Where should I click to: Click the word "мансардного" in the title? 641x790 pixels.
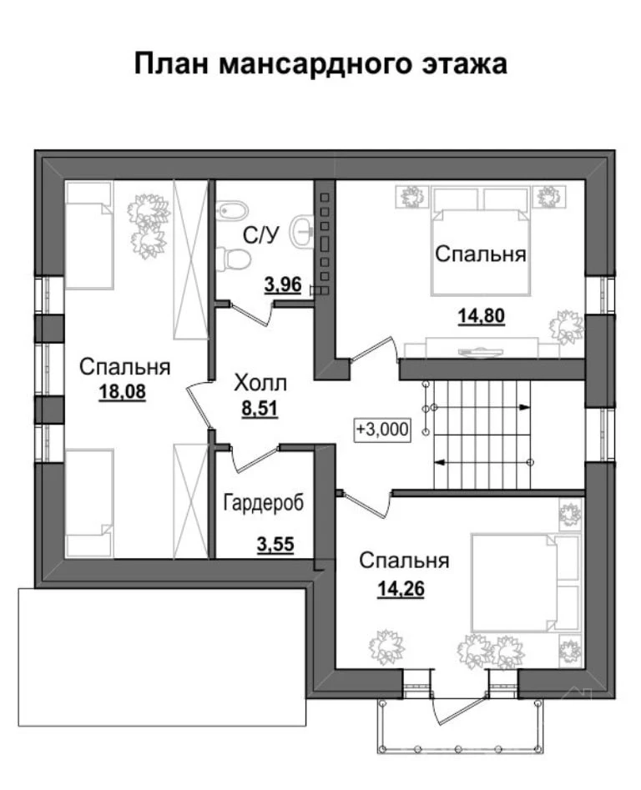click(x=313, y=64)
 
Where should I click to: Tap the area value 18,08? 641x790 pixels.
click(x=123, y=391)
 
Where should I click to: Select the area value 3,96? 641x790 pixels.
click(x=283, y=285)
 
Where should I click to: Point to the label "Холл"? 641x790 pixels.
click(x=260, y=384)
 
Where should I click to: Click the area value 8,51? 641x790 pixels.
click(x=260, y=408)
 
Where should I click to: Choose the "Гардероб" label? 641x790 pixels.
click(x=264, y=503)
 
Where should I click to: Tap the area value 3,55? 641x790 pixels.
click(x=275, y=545)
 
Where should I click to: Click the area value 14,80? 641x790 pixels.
click(x=482, y=316)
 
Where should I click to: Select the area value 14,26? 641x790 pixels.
click(x=401, y=588)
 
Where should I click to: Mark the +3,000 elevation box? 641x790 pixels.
click(x=382, y=430)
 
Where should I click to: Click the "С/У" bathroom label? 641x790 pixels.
click(x=260, y=235)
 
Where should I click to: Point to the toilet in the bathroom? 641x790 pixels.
click(x=233, y=259)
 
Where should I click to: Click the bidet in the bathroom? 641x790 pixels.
click(x=232, y=210)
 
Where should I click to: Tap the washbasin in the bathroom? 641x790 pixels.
click(x=303, y=231)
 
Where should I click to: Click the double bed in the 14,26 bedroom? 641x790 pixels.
click(x=526, y=582)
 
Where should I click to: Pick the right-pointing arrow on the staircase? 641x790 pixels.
click(x=479, y=406)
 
